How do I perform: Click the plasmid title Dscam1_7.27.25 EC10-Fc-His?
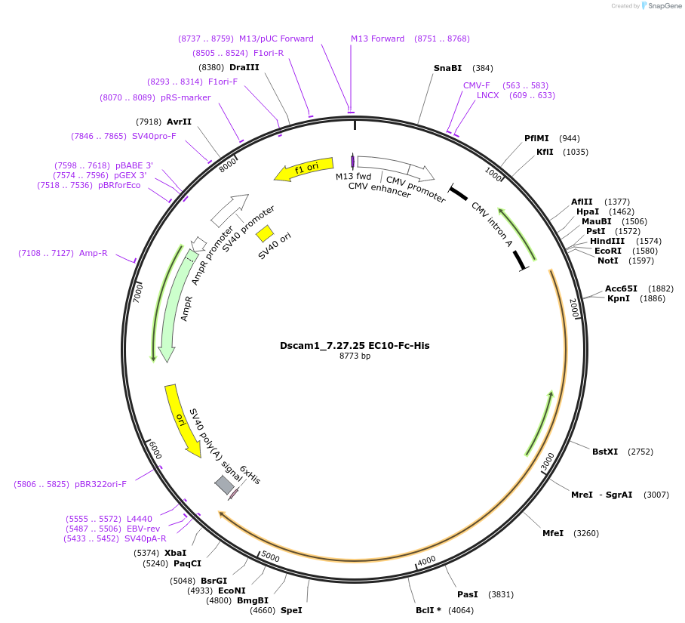click(355, 346)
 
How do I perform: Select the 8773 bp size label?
click(355, 356)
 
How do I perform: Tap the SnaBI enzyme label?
click(447, 68)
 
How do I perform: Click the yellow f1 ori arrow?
click(303, 171)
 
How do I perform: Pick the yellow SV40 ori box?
click(265, 233)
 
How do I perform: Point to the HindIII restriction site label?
click(607, 241)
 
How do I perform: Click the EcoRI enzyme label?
click(608, 251)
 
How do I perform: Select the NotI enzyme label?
click(608, 261)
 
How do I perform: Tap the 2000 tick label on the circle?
click(573, 307)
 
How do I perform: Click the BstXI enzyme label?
click(605, 452)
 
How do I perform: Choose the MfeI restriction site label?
click(553, 533)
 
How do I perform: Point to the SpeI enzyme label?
click(291, 609)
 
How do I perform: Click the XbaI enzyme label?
click(175, 553)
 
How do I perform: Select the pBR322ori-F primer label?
click(100, 483)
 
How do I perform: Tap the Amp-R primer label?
click(94, 253)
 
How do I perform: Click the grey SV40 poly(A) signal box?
click(224, 485)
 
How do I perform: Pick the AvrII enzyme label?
click(179, 122)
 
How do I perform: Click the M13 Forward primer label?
click(377, 39)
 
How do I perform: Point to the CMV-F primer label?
click(477, 85)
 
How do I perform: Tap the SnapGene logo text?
click(665, 6)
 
